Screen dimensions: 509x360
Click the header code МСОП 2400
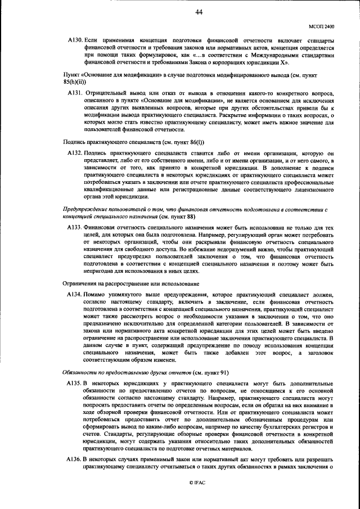(x=322, y=26)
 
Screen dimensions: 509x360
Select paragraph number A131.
(x=75, y=92)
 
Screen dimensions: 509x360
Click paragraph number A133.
(x=75, y=226)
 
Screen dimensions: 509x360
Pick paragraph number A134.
(x=75, y=294)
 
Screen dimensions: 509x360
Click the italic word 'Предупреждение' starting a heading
(x=85, y=208)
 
